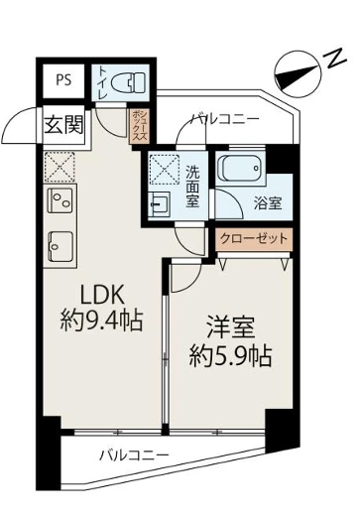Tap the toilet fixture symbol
point(126,81)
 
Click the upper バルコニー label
point(226,120)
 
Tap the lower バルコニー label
point(133,455)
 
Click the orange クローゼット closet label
point(255,238)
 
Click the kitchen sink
point(60,244)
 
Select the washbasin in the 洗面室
point(160,204)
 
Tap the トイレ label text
point(103,81)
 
